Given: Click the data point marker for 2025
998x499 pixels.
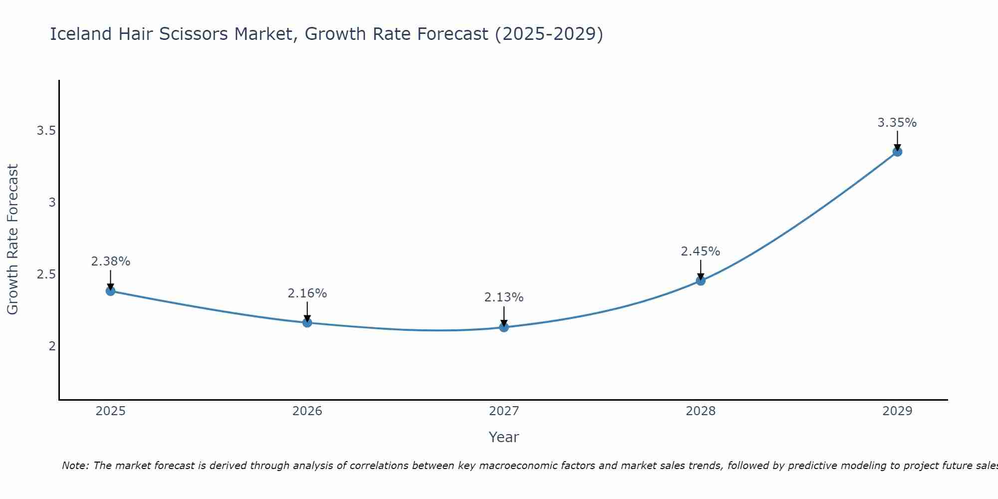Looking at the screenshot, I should click(x=110, y=291).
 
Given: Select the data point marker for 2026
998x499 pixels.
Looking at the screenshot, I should click(x=307, y=323).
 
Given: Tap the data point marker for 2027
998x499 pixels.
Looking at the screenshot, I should click(x=503, y=327).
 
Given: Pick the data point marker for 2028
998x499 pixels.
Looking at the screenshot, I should click(x=700, y=280).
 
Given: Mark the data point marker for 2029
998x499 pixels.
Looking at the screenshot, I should click(x=897, y=152).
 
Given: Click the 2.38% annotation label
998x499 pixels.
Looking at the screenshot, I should click(x=110, y=261).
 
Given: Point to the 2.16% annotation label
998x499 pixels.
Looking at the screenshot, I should click(x=307, y=293).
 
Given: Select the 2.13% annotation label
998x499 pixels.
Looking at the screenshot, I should click(x=503, y=297).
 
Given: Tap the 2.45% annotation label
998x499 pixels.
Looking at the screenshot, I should click(x=700, y=251).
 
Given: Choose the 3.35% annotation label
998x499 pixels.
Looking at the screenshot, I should click(x=897, y=123).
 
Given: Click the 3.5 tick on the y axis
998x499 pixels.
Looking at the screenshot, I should click(x=46, y=131).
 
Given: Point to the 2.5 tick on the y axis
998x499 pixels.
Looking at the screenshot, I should click(x=46, y=274).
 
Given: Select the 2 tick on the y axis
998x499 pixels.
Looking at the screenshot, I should click(x=52, y=346).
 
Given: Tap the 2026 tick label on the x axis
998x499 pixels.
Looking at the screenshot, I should click(x=307, y=411).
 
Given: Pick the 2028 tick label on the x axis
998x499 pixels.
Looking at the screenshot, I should click(x=700, y=411).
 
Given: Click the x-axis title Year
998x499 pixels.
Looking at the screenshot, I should click(x=503, y=437).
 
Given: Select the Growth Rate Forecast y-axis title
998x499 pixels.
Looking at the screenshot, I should click(x=13, y=240).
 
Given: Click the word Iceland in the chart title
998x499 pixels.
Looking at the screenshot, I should click(x=81, y=34).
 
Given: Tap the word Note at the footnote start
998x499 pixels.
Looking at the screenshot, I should click(x=75, y=466).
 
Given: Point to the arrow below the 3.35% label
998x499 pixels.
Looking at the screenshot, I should click(x=897, y=140).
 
